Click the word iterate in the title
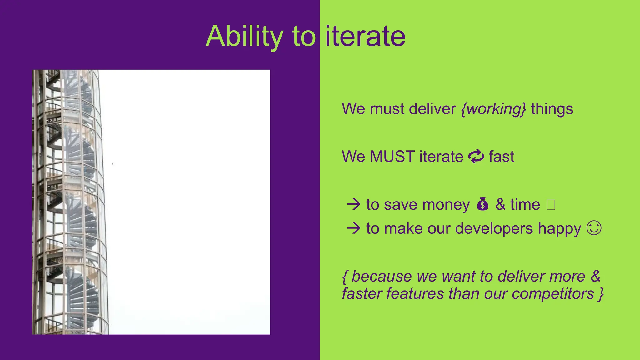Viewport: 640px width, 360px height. coord(365,37)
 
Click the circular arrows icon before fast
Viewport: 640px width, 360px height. coord(476,157)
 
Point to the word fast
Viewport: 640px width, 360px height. coord(501,157)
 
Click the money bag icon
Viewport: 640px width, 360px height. coord(482,205)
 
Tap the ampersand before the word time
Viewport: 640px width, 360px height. coord(500,205)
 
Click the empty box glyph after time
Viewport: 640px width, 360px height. coord(551,205)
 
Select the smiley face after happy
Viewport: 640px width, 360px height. coord(594,228)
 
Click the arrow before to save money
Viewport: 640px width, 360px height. coord(354,205)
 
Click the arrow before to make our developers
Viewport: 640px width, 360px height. coord(354,228)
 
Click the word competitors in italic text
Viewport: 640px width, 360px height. coord(552,294)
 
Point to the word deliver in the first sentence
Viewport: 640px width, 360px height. coord(432,109)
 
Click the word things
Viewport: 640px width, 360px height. coord(552,109)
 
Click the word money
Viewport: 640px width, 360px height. coord(446,205)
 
